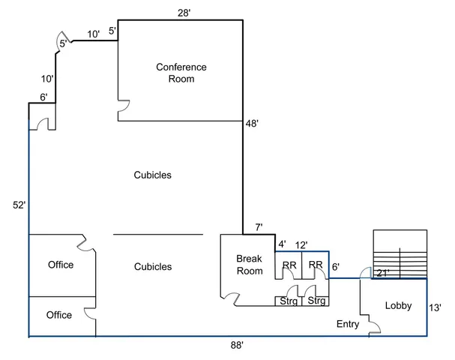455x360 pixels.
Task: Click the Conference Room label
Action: coord(181,73)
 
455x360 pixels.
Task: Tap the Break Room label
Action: coord(249,265)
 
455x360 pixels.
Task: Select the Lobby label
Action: coord(398,305)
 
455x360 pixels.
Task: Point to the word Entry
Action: coord(348,325)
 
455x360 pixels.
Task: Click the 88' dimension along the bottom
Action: coord(238,346)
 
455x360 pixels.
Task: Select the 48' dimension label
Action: coord(252,124)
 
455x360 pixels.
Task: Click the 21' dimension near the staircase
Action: coord(383,273)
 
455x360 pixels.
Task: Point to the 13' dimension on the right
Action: coord(435,307)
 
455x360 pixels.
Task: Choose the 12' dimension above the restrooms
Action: coord(301,244)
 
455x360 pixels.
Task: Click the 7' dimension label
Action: coord(258,227)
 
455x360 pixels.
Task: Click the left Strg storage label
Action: coord(288,301)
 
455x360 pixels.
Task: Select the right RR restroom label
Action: coord(316,265)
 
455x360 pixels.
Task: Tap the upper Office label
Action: coord(60,265)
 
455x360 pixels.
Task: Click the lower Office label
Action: coord(60,315)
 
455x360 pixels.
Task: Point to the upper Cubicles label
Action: coord(153,175)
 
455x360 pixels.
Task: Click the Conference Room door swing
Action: coord(125,108)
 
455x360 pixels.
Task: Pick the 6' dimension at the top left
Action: coord(43,97)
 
